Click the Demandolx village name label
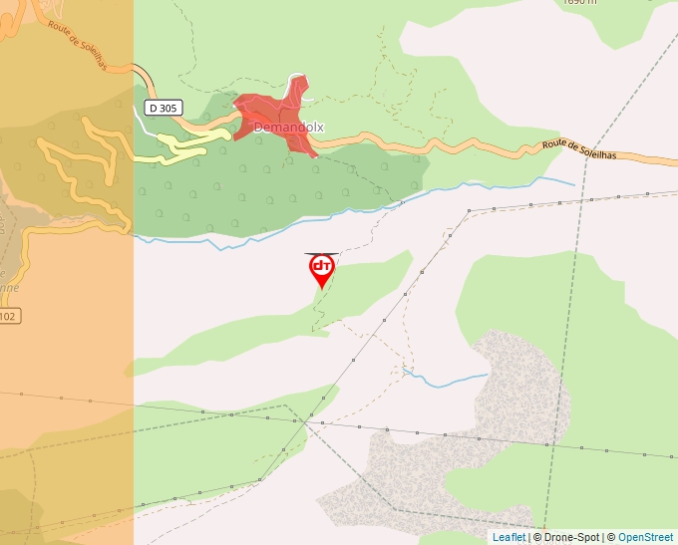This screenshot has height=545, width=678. [288, 128]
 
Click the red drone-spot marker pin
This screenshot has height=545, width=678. [321, 268]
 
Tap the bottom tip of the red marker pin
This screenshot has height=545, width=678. [321, 289]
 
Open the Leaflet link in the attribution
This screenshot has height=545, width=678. [508, 537]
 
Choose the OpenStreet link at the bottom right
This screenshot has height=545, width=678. [645, 537]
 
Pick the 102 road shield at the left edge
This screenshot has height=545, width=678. [8, 316]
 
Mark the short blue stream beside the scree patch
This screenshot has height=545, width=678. [449, 380]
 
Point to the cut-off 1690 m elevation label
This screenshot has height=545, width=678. [578, 3]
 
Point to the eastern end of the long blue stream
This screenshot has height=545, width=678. [573, 183]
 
